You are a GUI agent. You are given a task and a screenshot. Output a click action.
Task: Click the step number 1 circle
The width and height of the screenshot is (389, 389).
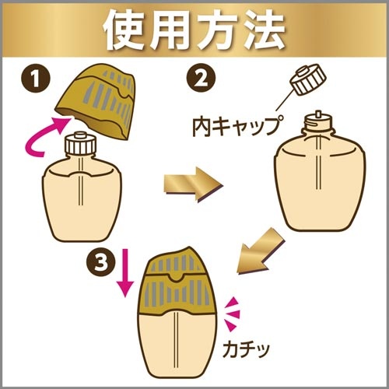tap(35, 79)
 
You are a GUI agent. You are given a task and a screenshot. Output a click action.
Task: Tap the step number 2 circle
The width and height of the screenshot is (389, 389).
tap(201, 79)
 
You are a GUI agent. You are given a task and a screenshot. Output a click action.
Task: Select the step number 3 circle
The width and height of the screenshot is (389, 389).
tap(101, 262)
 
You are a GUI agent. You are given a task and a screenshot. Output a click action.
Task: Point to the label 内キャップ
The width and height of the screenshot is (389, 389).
tap(236, 125)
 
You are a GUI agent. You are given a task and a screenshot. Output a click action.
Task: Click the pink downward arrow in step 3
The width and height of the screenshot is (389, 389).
tap(124, 273)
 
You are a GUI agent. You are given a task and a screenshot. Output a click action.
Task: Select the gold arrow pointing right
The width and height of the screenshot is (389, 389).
tap(194, 184)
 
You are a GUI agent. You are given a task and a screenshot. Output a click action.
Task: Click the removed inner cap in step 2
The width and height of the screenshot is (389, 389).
tap(307, 79)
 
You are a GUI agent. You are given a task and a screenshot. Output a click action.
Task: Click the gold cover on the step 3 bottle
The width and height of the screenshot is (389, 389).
tap(177, 281)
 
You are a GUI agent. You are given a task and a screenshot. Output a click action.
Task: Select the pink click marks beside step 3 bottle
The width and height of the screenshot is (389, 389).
tap(233, 314)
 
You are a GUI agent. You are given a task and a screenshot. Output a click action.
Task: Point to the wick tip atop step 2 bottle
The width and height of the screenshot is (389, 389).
tap(318, 114)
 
